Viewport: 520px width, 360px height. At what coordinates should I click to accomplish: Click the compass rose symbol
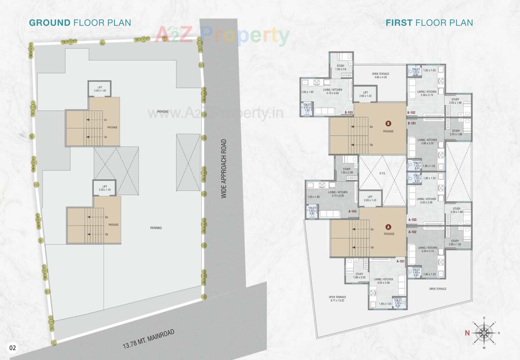(x=484, y=333)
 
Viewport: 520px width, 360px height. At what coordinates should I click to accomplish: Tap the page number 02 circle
(x=12, y=348)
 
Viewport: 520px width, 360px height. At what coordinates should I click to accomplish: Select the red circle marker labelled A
(x=388, y=227)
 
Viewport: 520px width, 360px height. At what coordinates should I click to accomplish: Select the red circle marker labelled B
(x=388, y=124)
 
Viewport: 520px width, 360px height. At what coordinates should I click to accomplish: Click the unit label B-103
(x=349, y=112)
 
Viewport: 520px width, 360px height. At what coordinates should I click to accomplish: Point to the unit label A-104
(x=352, y=211)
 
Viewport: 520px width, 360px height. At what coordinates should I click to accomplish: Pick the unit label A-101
(x=400, y=261)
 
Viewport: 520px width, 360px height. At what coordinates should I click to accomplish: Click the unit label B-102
(x=411, y=112)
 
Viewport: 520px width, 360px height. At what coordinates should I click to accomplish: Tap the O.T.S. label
(x=382, y=173)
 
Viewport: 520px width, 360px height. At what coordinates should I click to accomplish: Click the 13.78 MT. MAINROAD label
(x=148, y=339)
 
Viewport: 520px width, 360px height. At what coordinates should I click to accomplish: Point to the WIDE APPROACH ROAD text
(x=224, y=169)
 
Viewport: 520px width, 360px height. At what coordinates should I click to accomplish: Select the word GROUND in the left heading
(x=50, y=23)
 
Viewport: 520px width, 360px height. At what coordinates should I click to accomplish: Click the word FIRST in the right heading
(x=399, y=23)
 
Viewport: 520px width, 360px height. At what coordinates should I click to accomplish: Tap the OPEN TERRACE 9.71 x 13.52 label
(x=337, y=299)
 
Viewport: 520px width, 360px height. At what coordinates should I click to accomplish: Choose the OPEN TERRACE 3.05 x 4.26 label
(x=381, y=75)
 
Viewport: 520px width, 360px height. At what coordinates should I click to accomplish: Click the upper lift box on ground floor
(x=100, y=89)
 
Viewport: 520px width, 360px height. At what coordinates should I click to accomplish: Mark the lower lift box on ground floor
(x=105, y=188)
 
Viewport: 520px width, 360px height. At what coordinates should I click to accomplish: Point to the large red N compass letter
(x=467, y=333)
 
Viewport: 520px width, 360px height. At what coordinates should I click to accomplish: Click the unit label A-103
(x=412, y=220)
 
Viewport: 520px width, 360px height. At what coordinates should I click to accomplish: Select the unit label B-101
(x=412, y=123)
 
